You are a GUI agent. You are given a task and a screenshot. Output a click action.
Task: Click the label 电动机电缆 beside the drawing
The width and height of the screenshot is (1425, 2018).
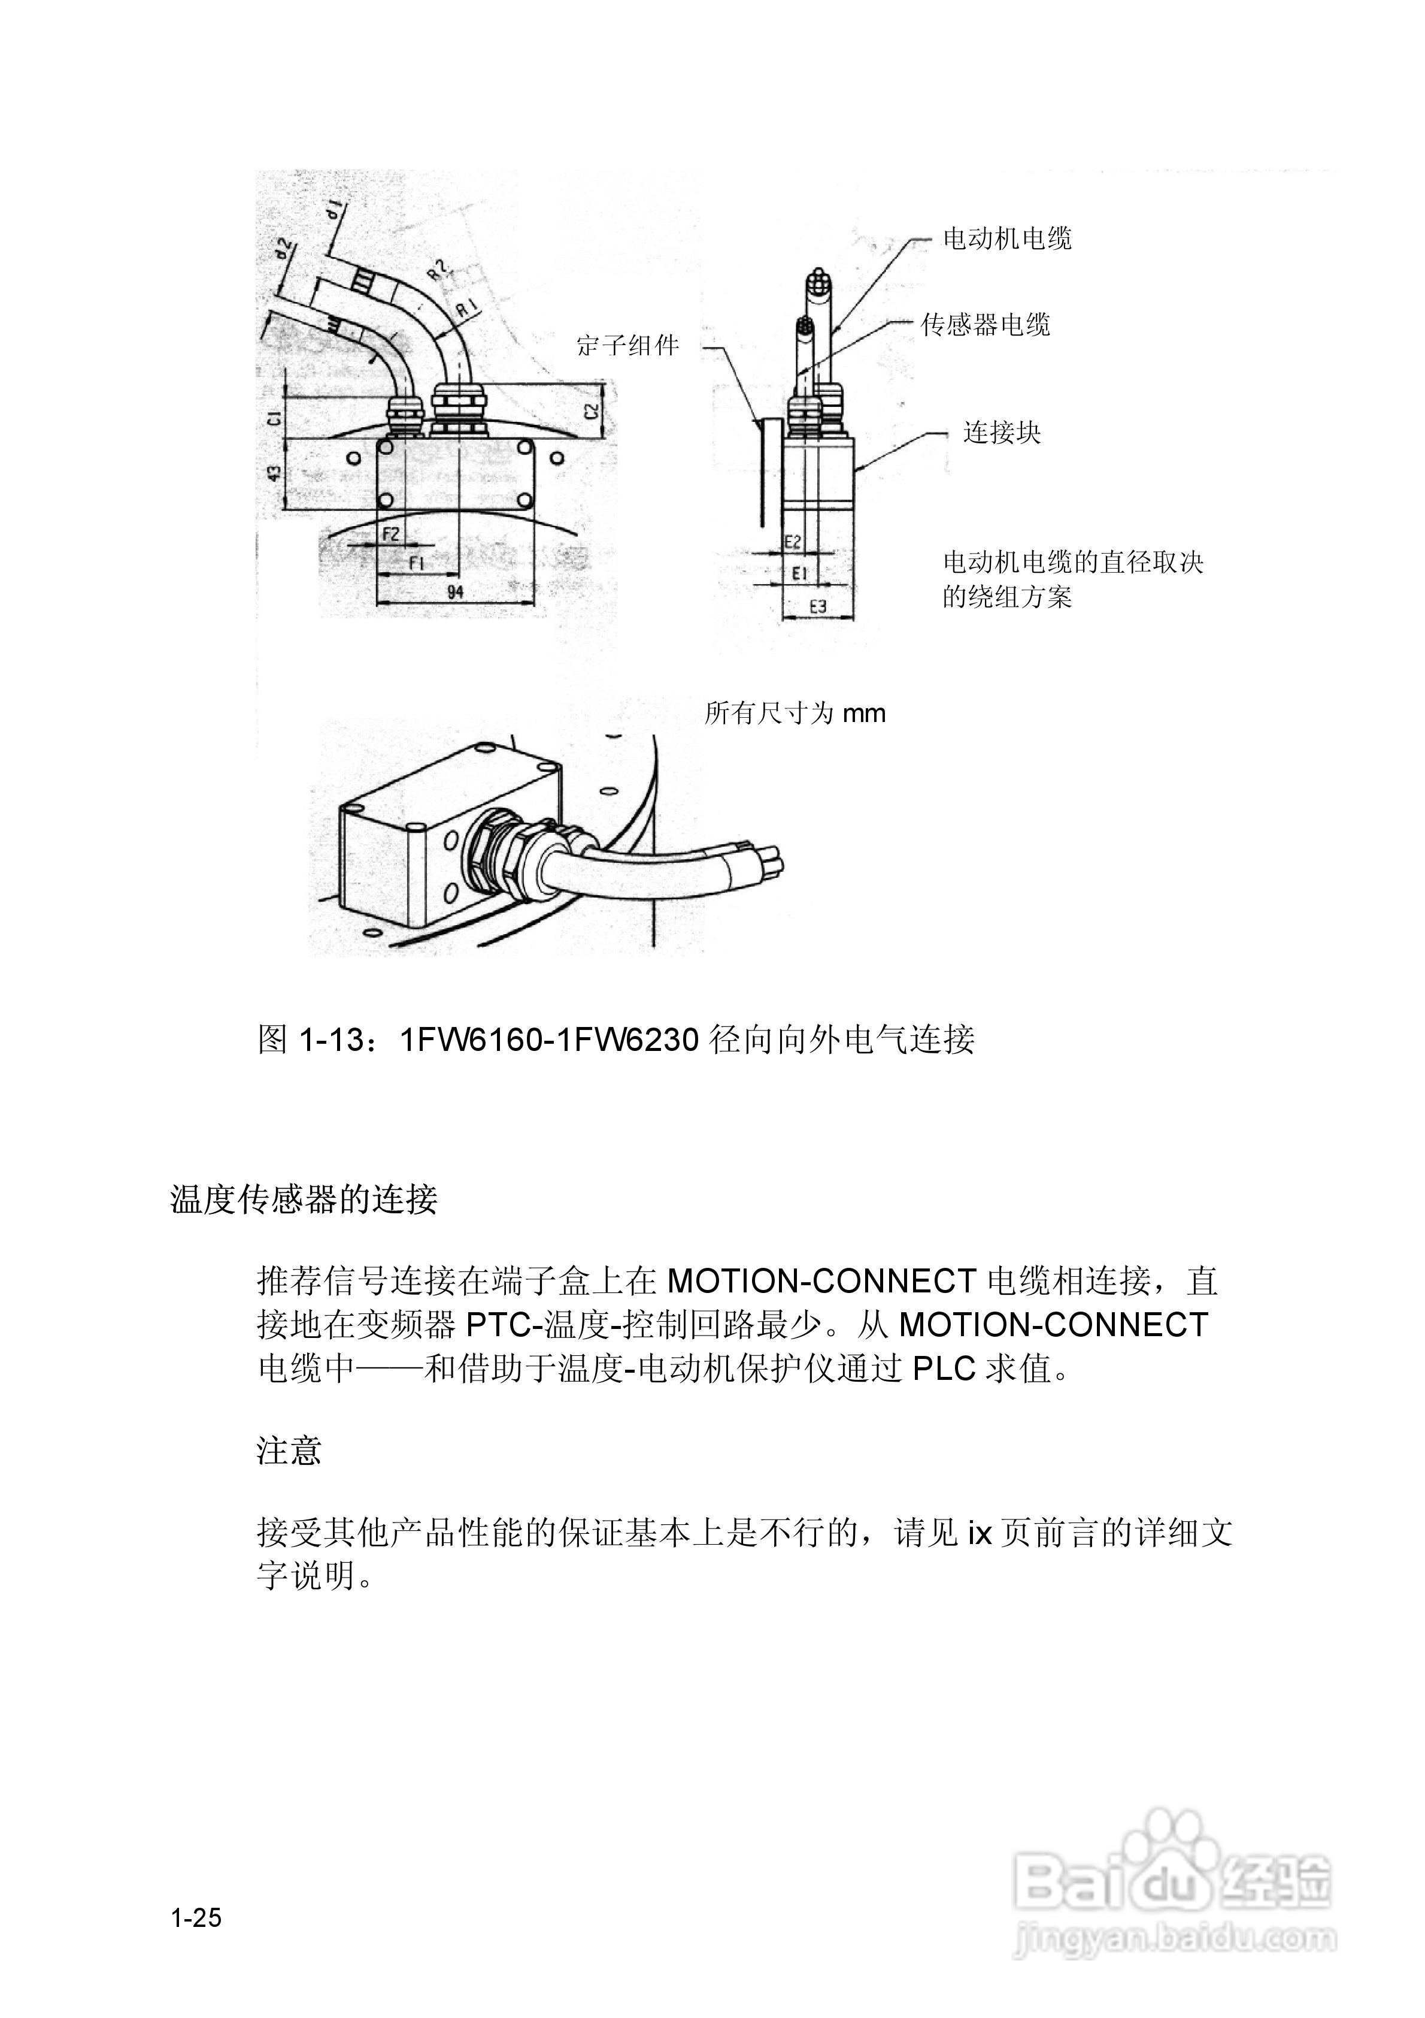coord(1007,238)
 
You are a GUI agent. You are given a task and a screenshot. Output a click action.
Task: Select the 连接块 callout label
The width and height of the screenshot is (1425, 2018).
coord(1002,433)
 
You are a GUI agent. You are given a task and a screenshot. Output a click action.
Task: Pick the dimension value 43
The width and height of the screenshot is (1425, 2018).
coord(275,473)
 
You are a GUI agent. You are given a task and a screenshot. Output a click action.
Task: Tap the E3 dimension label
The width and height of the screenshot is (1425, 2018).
coord(817,606)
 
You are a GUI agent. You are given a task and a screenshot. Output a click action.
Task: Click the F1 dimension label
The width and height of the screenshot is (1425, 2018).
coord(417,563)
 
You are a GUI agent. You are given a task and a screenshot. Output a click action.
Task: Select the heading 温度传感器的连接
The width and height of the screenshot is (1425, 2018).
coord(304,1199)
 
